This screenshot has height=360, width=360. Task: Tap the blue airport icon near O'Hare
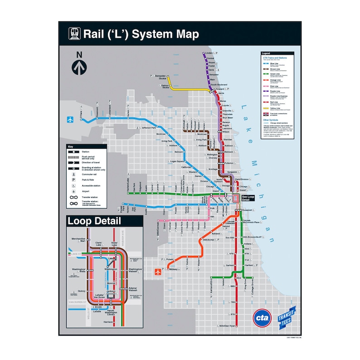[70, 120]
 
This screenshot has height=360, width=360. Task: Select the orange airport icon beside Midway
[158, 272]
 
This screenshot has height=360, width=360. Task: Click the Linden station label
[209, 54]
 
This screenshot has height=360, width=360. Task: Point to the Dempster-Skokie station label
[159, 76]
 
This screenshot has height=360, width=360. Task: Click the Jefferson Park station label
[149, 128]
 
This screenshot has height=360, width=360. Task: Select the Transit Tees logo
[287, 316]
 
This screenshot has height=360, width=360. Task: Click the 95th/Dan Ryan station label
[227, 326]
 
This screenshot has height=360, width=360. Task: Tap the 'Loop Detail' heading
[94, 221]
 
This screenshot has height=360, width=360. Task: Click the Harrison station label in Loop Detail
[108, 322]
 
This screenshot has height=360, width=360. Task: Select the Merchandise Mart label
[78, 240]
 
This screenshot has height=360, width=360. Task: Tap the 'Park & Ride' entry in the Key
[88, 180]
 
